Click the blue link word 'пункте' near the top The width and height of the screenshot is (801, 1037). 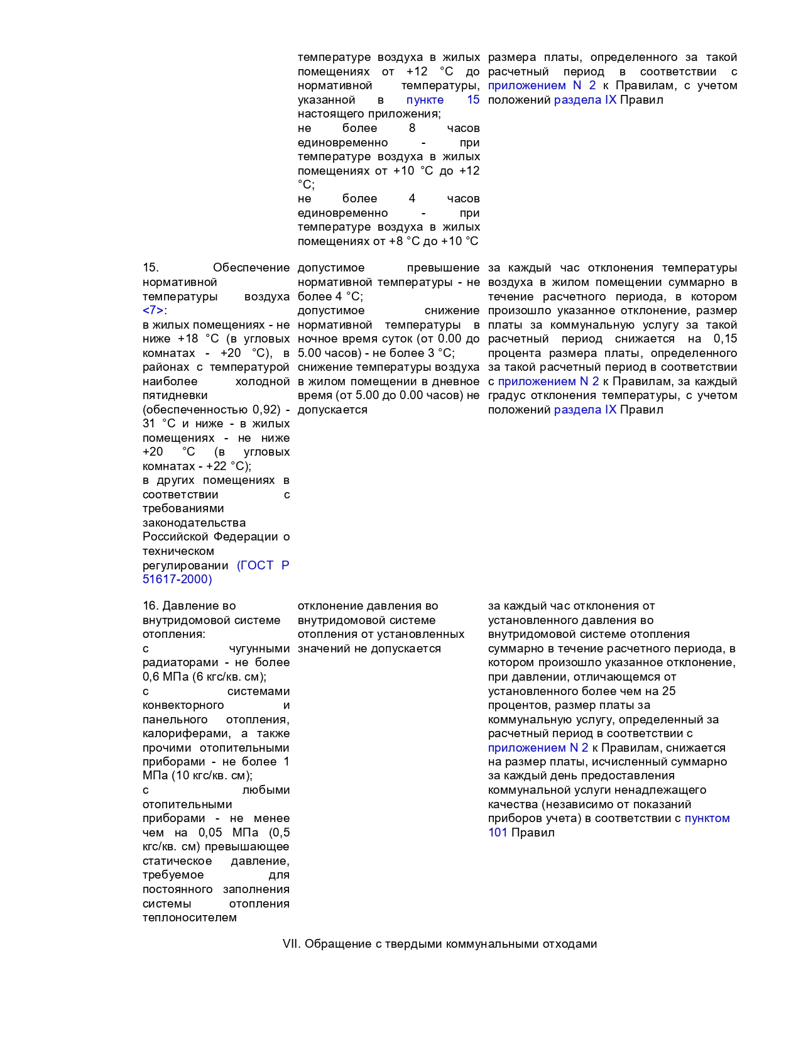pos(425,100)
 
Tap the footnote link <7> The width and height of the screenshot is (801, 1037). pos(154,310)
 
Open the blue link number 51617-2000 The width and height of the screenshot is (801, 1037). pos(177,579)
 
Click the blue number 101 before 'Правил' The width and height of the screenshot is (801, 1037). pos(498,833)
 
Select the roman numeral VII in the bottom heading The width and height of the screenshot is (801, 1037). pos(291,944)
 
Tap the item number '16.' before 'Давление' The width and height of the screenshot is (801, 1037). pos(150,606)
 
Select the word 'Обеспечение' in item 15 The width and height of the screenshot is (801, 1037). pos(251,268)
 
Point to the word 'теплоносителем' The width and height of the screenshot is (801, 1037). pos(190,918)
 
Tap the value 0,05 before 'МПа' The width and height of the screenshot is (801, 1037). pos(210,833)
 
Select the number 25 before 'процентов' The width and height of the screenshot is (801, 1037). pos(668,691)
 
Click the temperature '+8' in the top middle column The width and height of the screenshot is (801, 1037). pos(396,241)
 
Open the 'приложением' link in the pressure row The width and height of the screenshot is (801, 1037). pos(526,748)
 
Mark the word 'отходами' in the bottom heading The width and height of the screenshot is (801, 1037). pos(570,944)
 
